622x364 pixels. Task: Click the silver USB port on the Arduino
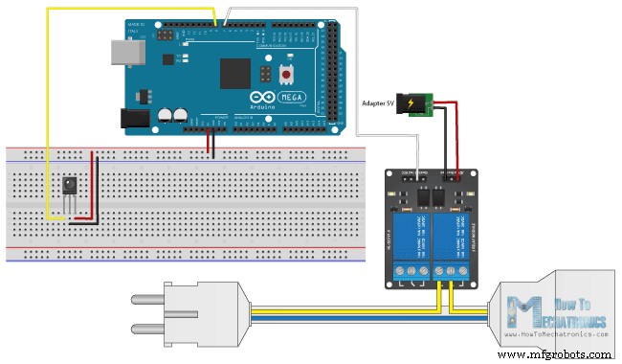123,53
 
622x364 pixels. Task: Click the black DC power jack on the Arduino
135,118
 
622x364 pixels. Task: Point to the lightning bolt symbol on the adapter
414,103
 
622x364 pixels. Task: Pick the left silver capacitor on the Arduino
165,114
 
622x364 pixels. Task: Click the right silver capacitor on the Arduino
180,114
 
